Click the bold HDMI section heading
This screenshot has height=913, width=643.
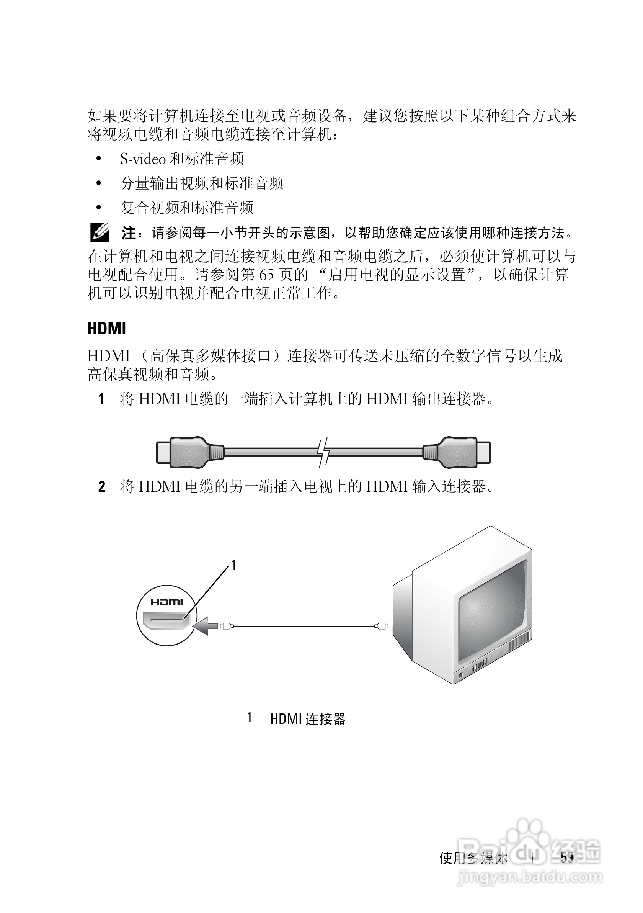(x=106, y=329)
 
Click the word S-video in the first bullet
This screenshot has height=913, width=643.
(x=143, y=159)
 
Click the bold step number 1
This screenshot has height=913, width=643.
(x=102, y=399)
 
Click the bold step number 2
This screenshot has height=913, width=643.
(x=102, y=487)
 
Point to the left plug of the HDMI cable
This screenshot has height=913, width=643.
(x=187, y=452)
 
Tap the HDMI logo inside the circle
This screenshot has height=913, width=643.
(x=167, y=602)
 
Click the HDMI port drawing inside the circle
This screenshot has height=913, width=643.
(x=167, y=622)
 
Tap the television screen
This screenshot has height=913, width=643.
(x=495, y=612)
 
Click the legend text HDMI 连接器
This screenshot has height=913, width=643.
(x=308, y=719)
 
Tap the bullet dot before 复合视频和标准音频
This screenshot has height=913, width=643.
(x=99, y=208)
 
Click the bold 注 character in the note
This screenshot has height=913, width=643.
(x=128, y=233)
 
